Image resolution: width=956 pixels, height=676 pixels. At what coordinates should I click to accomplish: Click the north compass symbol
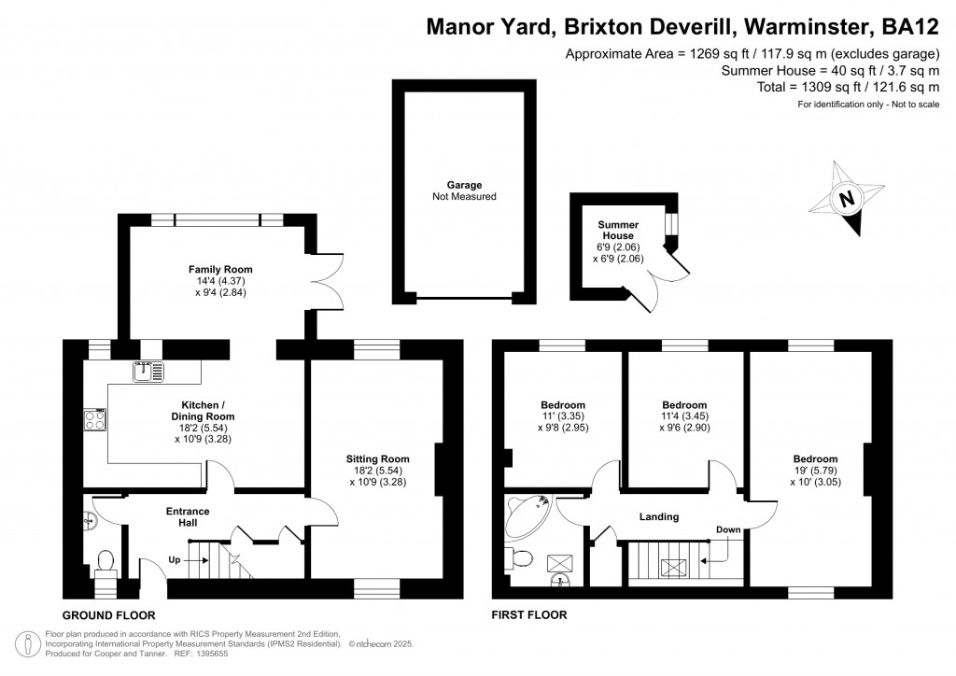tap(848, 198)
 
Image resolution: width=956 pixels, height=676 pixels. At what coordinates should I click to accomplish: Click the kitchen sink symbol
tap(149, 372)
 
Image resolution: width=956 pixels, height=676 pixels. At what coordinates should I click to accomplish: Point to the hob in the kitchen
tap(95, 420)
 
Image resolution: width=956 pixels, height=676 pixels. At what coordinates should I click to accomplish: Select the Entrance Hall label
tap(188, 516)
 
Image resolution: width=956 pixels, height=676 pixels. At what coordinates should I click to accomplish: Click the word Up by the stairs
tap(175, 560)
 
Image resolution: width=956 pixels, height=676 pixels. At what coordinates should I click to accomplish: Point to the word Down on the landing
tap(727, 529)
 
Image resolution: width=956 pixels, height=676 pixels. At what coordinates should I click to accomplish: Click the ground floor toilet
tap(105, 560)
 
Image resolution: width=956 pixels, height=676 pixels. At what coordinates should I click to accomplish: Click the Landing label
tap(658, 516)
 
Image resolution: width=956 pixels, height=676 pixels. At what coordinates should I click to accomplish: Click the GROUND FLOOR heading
tap(108, 615)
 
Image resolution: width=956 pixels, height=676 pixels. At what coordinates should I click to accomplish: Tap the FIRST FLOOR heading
tap(529, 615)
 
